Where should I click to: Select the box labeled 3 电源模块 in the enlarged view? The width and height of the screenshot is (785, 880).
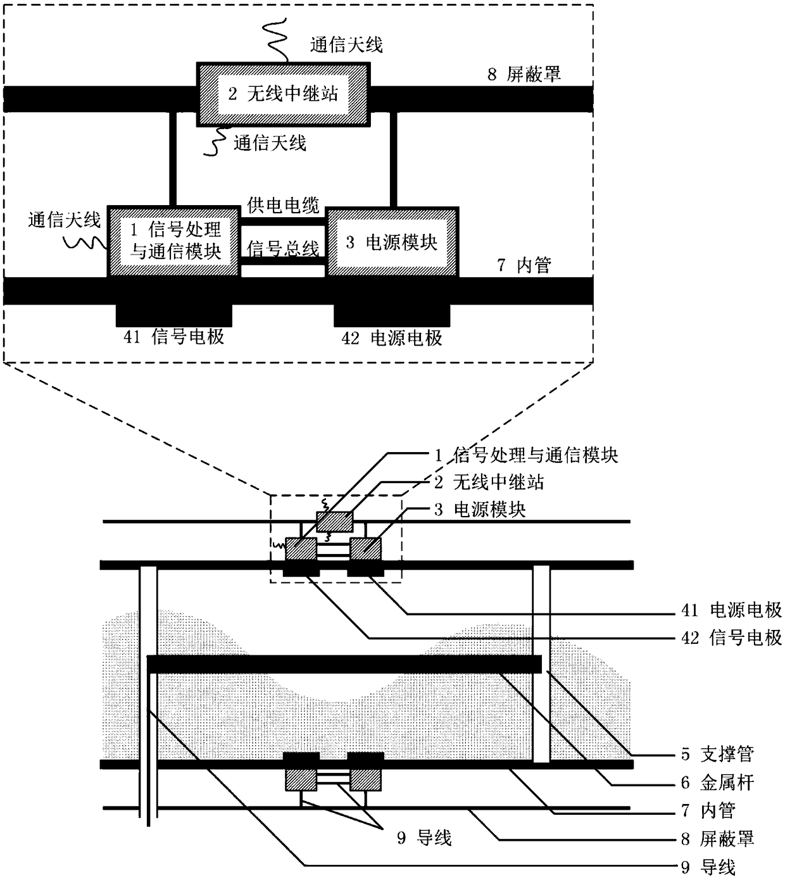[392, 242]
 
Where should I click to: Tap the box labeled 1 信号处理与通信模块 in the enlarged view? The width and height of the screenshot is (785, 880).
[175, 241]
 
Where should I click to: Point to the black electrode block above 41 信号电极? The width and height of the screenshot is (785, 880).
[174, 315]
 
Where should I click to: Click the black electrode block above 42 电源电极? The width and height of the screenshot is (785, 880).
[392, 315]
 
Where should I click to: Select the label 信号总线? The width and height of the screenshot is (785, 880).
[283, 248]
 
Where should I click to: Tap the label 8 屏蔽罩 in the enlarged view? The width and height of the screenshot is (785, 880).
[524, 74]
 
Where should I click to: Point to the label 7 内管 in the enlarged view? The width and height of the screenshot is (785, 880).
[524, 265]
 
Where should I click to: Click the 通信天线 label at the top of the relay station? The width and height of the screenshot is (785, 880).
[346, 44]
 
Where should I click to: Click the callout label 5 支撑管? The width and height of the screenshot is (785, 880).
[717, 754]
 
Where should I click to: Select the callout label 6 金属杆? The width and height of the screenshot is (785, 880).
[717, 783]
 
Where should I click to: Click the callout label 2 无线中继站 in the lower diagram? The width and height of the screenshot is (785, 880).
[489, 482]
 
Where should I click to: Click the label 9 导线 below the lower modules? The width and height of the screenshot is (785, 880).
[424, 838]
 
